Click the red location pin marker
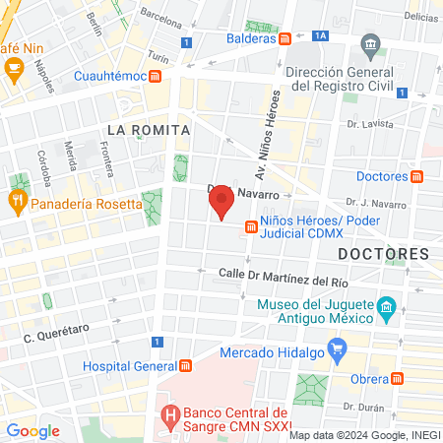click(221, 201)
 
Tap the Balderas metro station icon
click(285, 38)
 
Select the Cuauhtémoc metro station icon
click(156, 76)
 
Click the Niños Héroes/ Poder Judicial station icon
click(252, 227)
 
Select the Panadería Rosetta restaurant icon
click(16, 203)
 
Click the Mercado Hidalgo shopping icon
click(337, 347)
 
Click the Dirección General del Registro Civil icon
click(371, 44)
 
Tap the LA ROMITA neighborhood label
click(146, 129)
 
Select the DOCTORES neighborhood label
click(383, 254)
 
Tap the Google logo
click(33, 430)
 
